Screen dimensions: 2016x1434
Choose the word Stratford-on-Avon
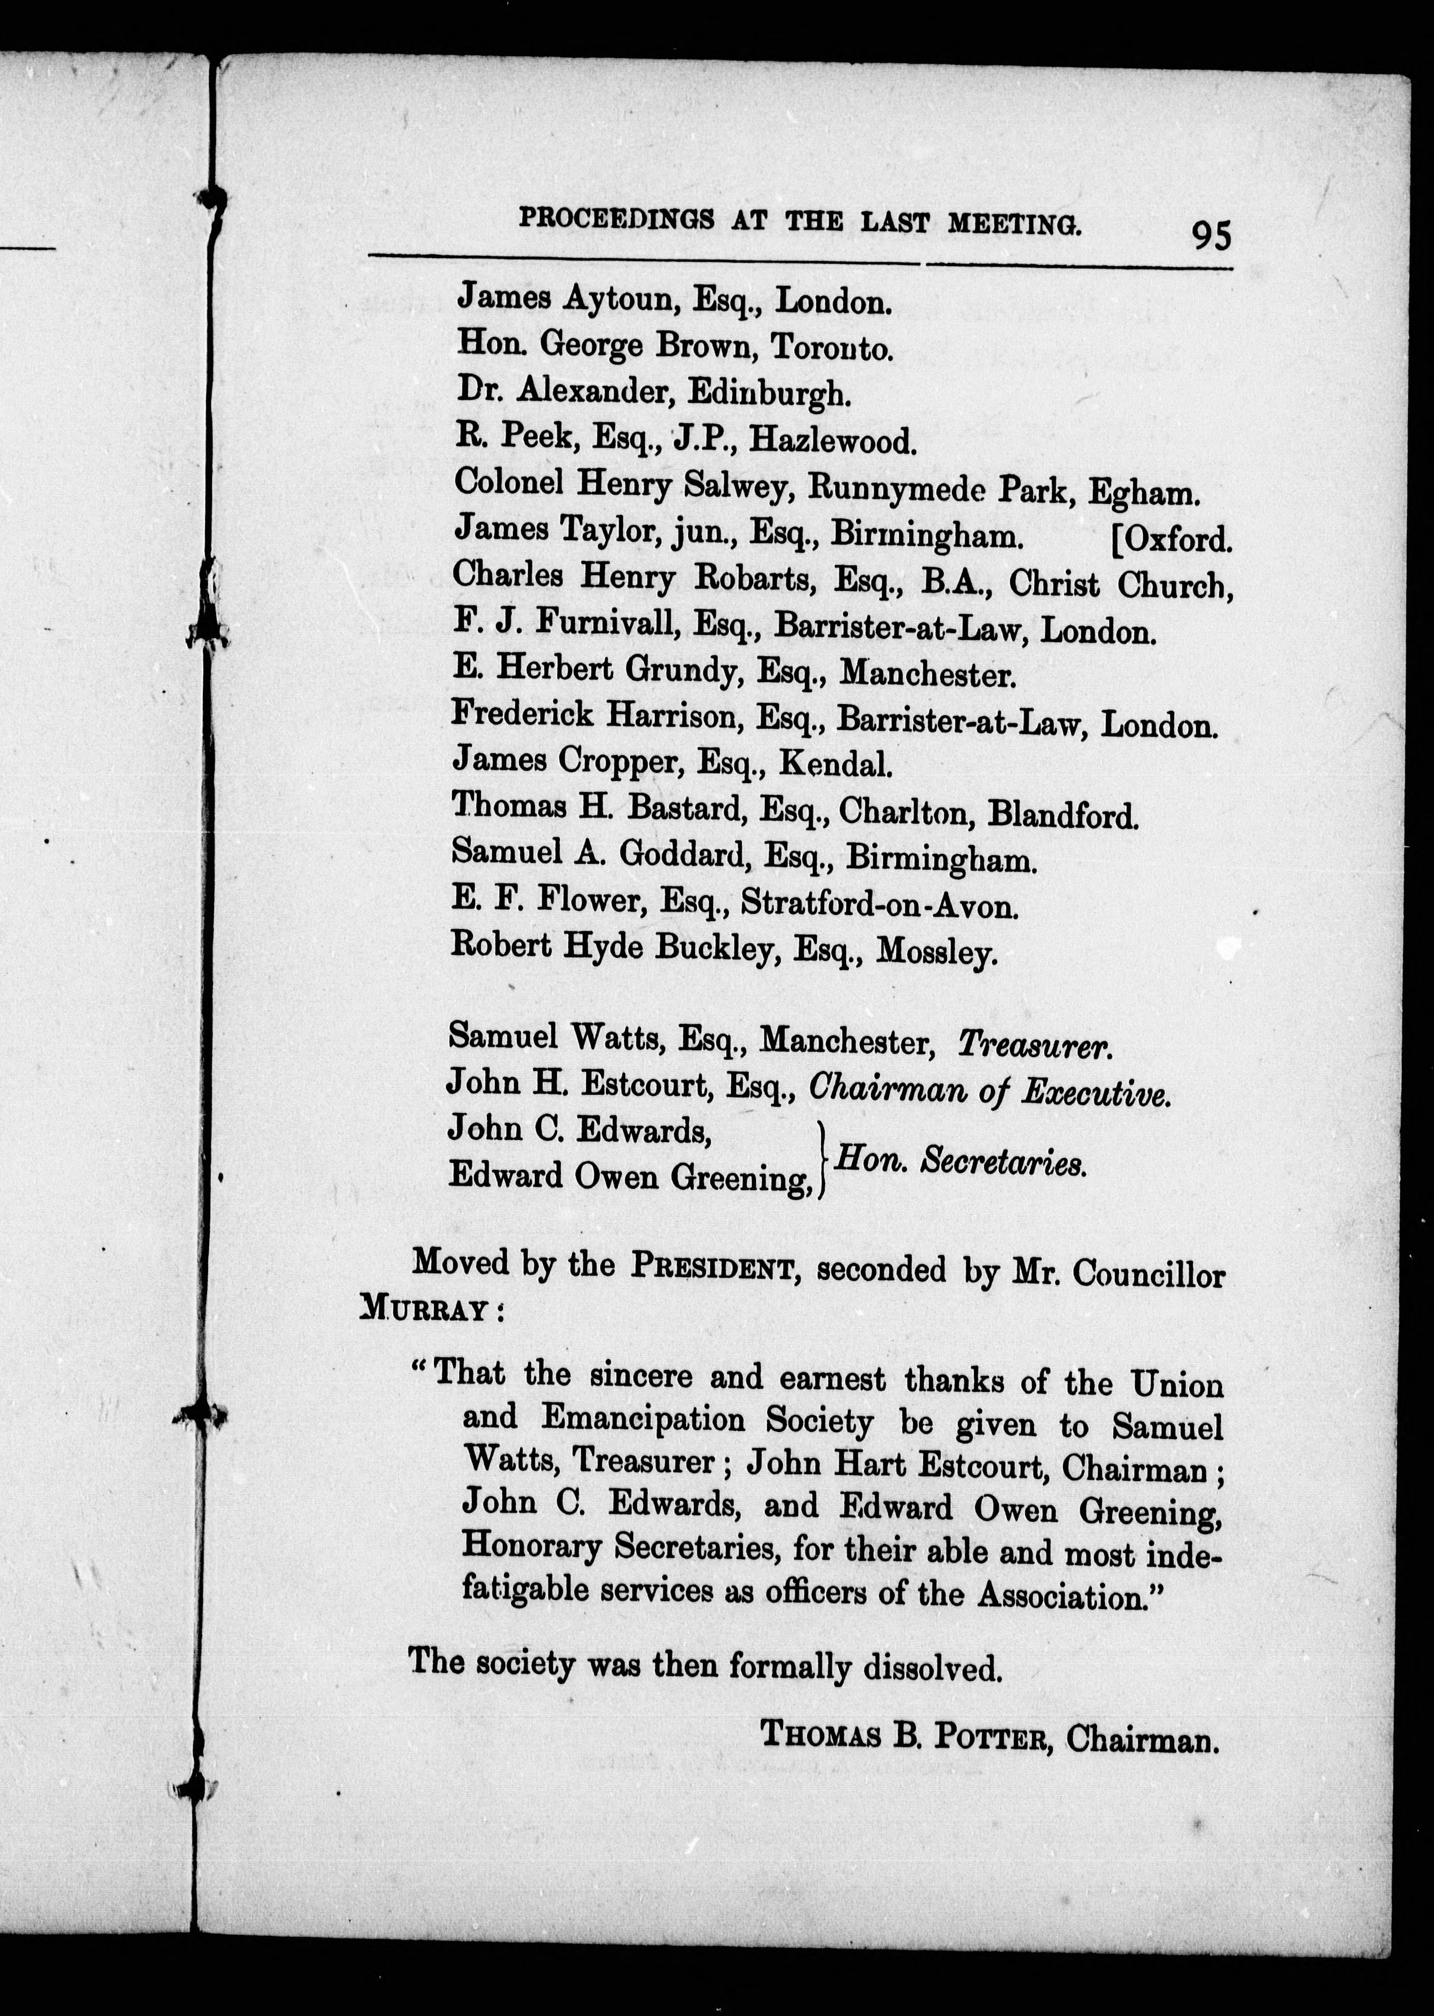pos(879,903)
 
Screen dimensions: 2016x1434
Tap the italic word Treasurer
pos(1034,1046)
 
